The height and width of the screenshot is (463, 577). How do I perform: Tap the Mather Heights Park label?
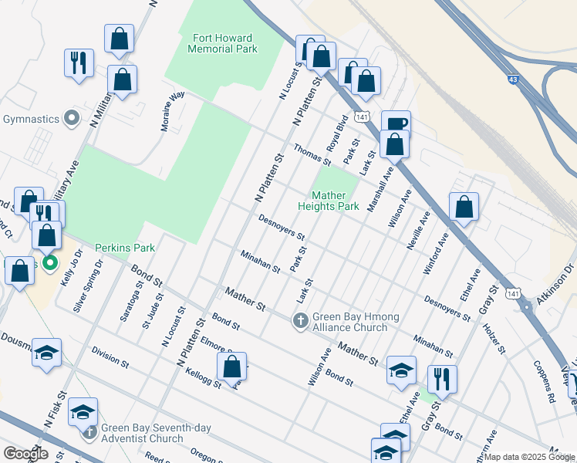[x=335, y=201]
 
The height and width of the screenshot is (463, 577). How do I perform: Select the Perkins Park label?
[x=125, y=248]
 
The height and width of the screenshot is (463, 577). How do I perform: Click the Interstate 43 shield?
[x=514, y=79]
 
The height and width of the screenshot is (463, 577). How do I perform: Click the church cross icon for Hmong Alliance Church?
[x=301, y=319]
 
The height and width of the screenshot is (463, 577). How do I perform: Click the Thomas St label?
[x=312, y=155]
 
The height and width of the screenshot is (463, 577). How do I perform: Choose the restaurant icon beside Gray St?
[x=442, y=378]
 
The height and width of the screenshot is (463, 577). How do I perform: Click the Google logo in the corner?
[x=25, y=453]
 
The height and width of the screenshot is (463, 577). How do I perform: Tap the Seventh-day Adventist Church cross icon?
[x=89, y=429]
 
